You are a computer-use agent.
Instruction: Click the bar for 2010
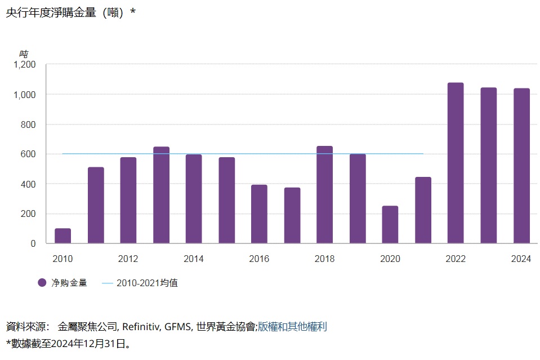point(63,236)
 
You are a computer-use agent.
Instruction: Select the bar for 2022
point(456,163)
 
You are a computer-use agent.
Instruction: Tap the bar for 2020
point(390,225)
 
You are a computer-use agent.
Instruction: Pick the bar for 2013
point(161,195)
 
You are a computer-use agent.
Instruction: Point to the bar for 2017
point(292,216)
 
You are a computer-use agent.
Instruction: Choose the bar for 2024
point(521,166)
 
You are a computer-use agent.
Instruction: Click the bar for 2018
point(324,195)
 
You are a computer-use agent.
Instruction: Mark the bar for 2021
point(423,210)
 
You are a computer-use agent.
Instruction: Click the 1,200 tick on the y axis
point(24,65)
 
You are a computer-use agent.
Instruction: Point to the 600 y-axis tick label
point(29,154)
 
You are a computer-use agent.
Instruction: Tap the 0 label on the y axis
point(33,244)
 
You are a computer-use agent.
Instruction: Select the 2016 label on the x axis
point(259,259)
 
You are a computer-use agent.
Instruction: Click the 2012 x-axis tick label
point(128,259)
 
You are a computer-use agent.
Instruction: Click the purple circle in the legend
point(42,283)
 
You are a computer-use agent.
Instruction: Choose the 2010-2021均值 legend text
point(147,283)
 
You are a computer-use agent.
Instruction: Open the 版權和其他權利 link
point(292,326)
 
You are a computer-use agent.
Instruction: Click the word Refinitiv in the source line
point(141,326)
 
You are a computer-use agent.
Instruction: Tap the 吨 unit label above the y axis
point(24,54)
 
